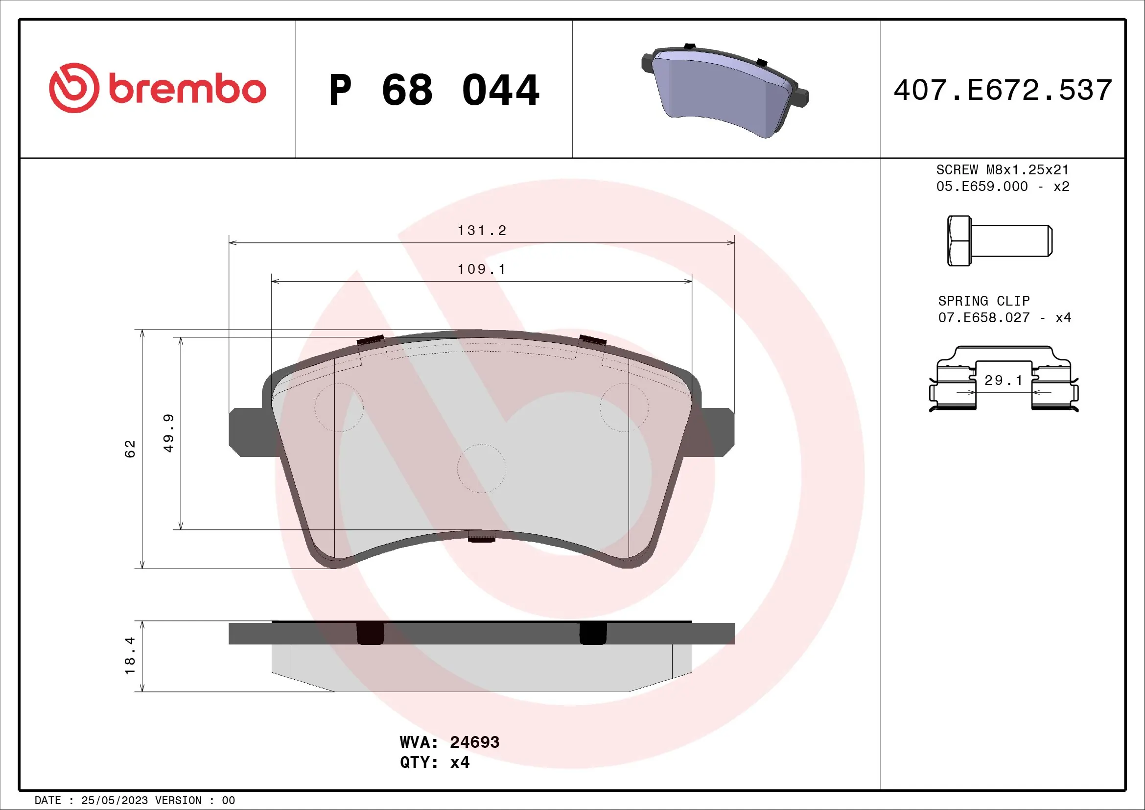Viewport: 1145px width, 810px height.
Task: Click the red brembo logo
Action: pos(157,88)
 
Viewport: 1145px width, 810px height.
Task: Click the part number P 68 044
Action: pos(433,90)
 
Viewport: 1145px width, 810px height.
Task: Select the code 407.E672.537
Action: pos(1003,90)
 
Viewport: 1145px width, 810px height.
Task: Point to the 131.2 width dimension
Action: pos(481,231)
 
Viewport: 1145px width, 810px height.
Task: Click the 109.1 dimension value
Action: pos(481,269)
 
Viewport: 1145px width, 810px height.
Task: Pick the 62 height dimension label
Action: pos(130,449)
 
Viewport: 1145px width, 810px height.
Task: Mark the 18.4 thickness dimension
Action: pos(130,655)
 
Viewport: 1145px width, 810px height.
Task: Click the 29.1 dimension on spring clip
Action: pos(1004,381)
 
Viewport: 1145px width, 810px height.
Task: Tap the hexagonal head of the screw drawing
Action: pos(958,241)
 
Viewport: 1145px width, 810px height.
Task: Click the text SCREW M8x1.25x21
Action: pos(1003,169)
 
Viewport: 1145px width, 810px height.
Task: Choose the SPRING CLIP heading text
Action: pos(983,301)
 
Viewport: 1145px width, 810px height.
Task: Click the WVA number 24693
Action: pos(474,742)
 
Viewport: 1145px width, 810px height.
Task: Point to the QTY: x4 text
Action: pos(434,762)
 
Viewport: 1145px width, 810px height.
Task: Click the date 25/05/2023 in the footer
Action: pos(114,801)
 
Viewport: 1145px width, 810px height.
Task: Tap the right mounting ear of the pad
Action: pos(717,432)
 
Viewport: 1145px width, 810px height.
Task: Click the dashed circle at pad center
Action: pos(481,468)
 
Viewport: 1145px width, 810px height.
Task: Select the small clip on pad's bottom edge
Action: pos(481,536)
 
